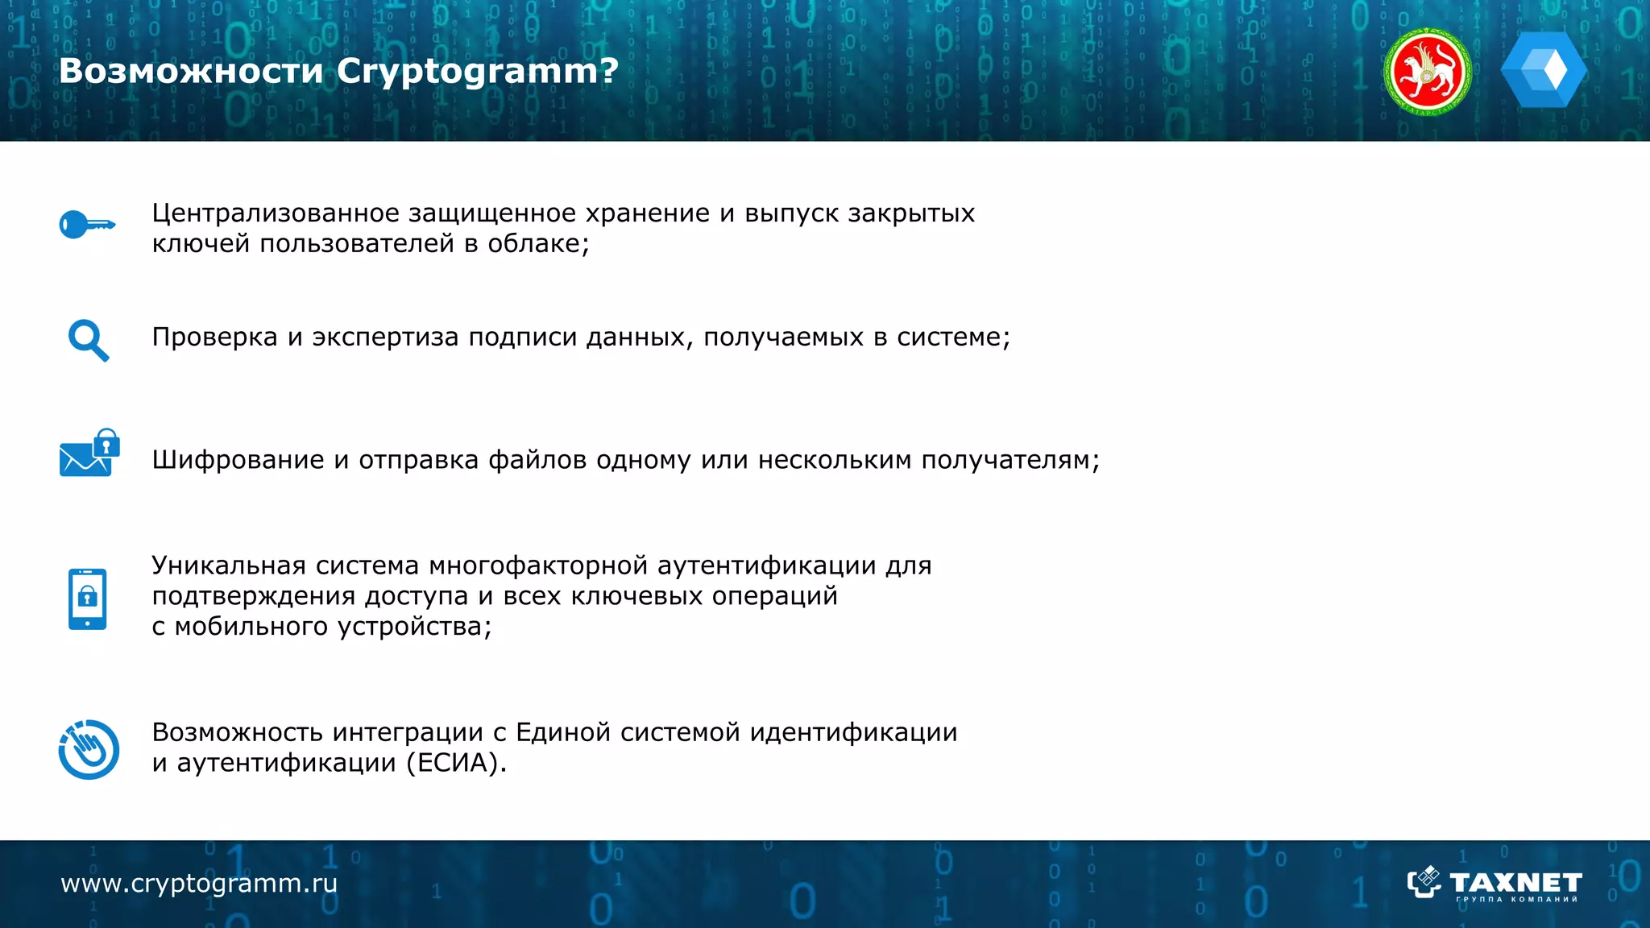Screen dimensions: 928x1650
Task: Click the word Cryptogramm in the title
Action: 466,72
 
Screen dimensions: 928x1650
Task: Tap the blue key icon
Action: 87,225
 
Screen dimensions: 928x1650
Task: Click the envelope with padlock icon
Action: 89,454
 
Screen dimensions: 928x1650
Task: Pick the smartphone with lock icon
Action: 88,599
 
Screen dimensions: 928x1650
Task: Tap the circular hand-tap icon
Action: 89,749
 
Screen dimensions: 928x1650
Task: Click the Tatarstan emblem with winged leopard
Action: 1427,72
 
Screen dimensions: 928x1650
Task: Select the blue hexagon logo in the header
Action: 1544,71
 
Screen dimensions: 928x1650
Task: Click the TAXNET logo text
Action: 1515,882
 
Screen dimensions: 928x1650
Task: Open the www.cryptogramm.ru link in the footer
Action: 199,884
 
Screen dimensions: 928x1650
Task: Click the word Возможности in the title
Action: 191,72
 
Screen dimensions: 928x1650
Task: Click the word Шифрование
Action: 238,460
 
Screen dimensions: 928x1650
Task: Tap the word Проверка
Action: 214,337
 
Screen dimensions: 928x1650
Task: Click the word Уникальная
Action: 229,565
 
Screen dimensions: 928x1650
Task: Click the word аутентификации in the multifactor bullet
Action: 766,565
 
